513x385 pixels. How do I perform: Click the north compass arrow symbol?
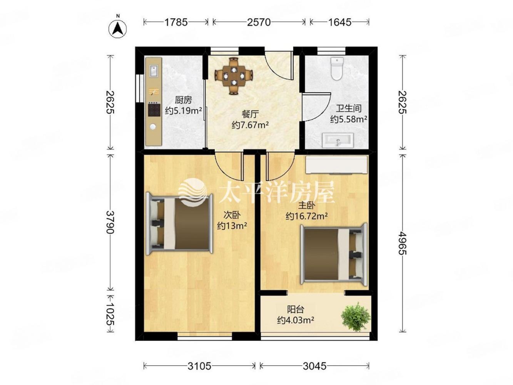pos(117,29)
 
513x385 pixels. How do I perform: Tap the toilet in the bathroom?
pos(336,69)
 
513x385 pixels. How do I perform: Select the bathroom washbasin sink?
pos(338,140)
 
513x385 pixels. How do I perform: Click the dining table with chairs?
pos(234,76)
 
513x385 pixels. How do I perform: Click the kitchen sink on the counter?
pos(153,71)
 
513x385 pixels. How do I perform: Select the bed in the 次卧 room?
pos(179,224)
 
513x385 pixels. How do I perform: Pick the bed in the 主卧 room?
pos(334,254)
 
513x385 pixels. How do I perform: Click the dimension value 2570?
pos(259,22)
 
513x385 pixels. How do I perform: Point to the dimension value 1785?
pos(176,22)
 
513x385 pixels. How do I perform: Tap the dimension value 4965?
pos(403,243)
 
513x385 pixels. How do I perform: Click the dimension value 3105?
pos(199,366)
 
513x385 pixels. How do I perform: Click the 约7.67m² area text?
pos(250,125)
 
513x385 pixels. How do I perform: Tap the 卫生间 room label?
pos(348,108)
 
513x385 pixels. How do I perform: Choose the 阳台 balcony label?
pos(296,310)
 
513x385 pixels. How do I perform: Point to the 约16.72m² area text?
pos(306,216)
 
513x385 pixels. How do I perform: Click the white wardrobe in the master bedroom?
pos(336,165)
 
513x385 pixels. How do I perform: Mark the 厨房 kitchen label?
pos(183,100)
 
